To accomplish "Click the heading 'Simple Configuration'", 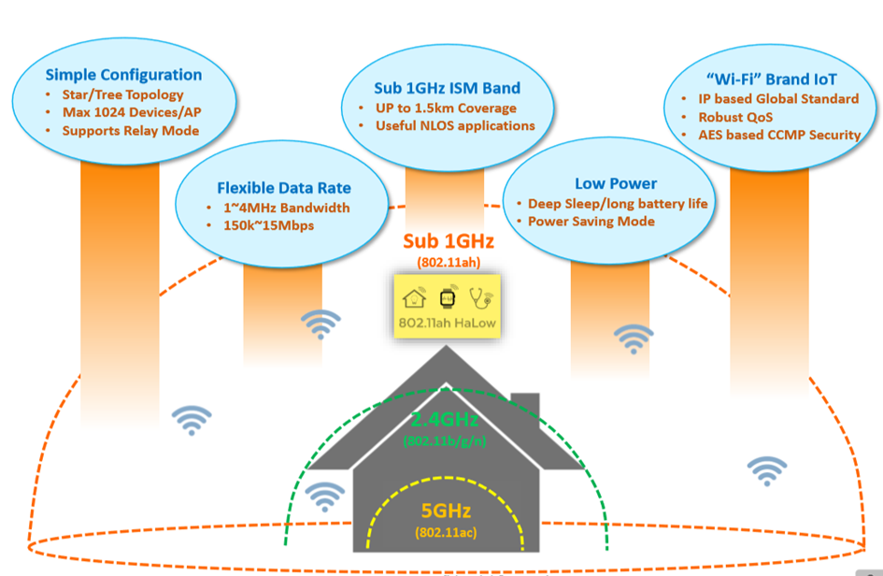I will [123, 75].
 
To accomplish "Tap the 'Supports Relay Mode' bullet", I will [131, 130].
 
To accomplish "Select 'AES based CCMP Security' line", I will [779, 135].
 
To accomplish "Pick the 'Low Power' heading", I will [615, 183].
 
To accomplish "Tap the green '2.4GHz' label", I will [445, 420].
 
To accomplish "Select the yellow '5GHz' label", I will [443, 511].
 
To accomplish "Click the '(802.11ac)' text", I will [444, 532].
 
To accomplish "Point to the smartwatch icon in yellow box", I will [448, 298].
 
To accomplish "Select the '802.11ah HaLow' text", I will [447, 324].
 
